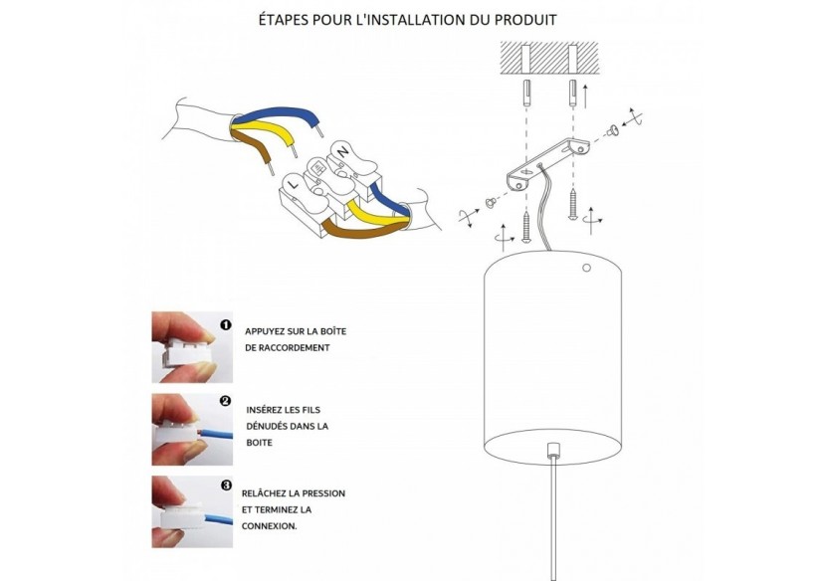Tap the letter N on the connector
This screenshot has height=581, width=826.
coord(343,151)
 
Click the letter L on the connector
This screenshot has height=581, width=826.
coord(294,185)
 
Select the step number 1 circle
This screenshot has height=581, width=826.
coord(226,325)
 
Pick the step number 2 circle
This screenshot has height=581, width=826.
coord(226,401)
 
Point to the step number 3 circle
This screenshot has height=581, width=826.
coord(226,485)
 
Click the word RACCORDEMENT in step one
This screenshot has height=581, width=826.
coord(294,347)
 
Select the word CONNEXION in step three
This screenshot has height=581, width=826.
coord(269,525)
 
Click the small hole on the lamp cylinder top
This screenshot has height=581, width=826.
coord(586,268)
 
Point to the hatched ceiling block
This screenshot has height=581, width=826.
coord(549,58)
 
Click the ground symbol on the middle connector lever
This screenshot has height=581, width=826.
coord(318,168)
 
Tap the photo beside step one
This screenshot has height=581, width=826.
coord(192,347)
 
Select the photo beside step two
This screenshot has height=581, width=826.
coord(192,430)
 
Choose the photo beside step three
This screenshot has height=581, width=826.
coord(192,512)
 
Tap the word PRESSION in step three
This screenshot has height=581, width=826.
coord(323,493)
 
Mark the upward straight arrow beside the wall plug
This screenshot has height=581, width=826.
coord(585,95)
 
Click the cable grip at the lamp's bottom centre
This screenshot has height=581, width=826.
coord(552,450)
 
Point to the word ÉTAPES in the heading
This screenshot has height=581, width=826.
coord(283,20)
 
